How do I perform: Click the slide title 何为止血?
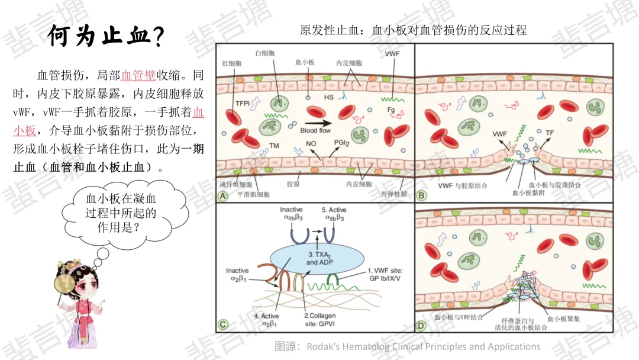click(x=105, y=37)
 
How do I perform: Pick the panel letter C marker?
click(x=223, y=324)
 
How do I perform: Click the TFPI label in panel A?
click(x=242, y=102)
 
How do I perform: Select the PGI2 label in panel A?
click(x=341, y=144)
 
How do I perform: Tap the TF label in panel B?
click(x=549, y=133)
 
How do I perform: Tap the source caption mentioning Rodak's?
click(x=407, y=346)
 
